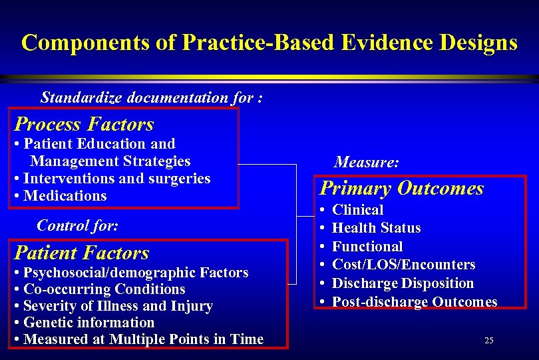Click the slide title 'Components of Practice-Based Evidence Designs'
(x=269, y=43)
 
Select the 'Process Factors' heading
(x=84, y=124)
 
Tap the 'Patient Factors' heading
(x=82, y=253)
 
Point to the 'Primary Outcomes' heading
(x=401, y=188)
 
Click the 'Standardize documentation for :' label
(x=151, y=97)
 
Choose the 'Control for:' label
(x=77, y=225)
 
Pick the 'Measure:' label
(x=367, y=162)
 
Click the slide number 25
(x=489, y=341)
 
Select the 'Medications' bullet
(x=65, y=196)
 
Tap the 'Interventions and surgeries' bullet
(x=116, y=179)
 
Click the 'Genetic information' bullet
(x=89, y=323)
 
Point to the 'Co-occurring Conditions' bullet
(x=104, y=289)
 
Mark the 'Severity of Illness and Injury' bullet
(x=117, y=306)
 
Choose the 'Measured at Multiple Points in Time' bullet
(x=143, y=339)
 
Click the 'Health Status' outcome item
(x=376, y=228)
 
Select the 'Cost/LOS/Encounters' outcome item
(x=403, y=265)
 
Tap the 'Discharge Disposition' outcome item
(x=403, y=283)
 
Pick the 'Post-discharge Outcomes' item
(x=414, y=302)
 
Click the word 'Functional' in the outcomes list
(x=367, y=247)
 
